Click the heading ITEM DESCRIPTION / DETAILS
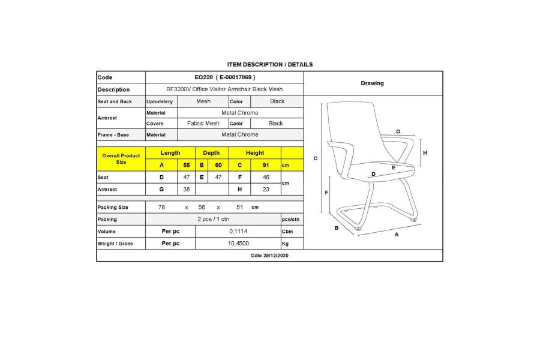269,64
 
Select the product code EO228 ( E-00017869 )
225,77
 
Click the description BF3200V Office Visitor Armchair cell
225,89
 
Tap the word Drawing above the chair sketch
372,83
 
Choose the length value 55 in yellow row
187,165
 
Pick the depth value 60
218,165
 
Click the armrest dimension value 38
187,189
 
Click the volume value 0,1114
238,231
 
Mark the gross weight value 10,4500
238,244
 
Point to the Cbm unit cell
287,231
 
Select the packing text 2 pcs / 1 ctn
213,219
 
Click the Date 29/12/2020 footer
269,256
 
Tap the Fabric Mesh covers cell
203,123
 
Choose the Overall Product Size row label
121,159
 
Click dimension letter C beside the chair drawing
316,158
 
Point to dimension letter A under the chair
397,235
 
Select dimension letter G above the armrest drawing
398,131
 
